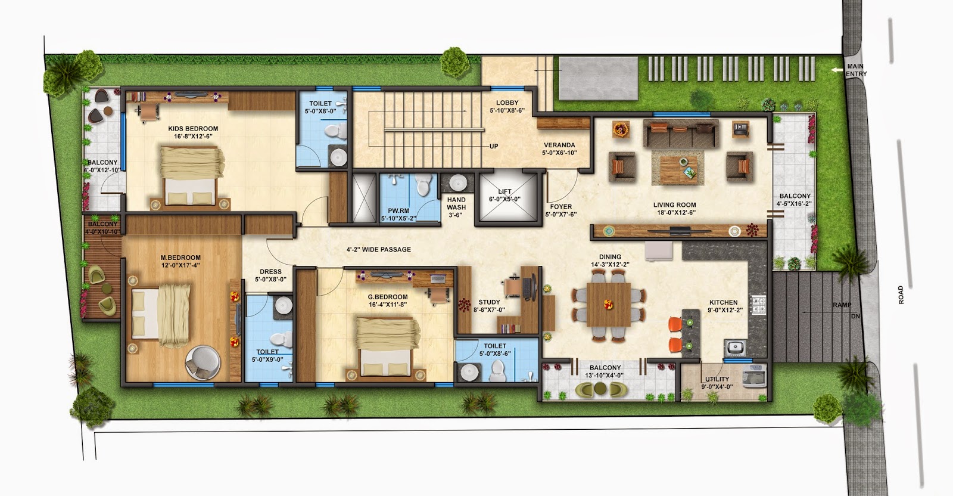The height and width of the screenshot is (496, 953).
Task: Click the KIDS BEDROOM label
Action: tap(192, 129)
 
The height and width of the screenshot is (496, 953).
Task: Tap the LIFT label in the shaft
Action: tap(504, 191)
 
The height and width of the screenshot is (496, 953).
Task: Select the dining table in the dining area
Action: tap(608, 304)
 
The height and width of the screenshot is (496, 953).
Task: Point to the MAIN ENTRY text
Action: tap(857, 70)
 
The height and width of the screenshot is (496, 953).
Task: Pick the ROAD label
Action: tap(901, 295)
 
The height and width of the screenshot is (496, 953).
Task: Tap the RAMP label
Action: tap(842, 305)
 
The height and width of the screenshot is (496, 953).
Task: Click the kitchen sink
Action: tap(734, 346)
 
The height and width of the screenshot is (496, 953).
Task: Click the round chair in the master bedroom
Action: tap(201, 362)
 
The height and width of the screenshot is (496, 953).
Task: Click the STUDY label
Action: tap(489, 302)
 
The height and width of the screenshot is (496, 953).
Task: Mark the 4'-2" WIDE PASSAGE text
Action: tap(379, 249)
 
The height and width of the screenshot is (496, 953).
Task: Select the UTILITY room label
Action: tap(717, 379)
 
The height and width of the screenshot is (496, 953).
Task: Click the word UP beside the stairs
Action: tap(494, 147)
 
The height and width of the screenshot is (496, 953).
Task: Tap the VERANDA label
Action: tap(559, 145)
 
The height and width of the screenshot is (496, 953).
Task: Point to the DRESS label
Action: tap(270, 272)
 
